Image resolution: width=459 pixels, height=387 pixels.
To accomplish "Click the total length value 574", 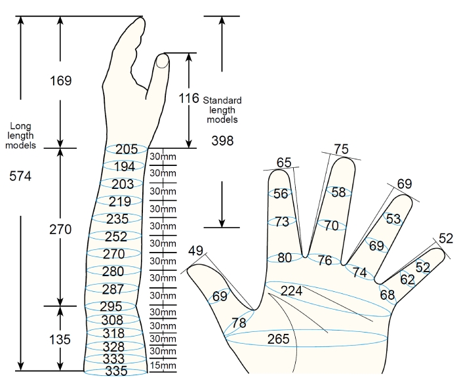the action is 20,176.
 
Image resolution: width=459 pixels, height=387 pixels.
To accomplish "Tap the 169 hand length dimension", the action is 60,81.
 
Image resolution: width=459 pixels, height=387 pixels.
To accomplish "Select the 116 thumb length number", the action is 189,98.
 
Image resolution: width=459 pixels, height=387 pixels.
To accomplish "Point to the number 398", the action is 222,141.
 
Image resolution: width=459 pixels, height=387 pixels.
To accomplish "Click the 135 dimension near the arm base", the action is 60,340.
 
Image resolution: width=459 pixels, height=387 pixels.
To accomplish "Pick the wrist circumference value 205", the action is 127,150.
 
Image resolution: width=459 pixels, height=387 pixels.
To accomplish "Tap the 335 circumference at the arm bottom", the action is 116,371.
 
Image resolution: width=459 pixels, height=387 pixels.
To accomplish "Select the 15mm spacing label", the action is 163,365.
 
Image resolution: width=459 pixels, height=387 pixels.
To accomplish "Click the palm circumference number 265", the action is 278,339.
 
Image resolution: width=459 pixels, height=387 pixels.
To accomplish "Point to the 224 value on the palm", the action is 291,291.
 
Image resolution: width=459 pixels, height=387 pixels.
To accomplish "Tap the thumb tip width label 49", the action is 195,251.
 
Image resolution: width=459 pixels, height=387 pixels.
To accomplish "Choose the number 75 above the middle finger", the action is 342,149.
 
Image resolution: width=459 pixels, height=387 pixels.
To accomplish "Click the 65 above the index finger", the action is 284,163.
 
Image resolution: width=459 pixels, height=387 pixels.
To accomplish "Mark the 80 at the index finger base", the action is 285,258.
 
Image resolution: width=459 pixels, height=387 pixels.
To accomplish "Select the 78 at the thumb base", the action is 239,323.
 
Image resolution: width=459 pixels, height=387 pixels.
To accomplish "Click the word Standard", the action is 222,100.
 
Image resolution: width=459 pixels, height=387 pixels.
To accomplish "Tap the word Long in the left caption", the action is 20,126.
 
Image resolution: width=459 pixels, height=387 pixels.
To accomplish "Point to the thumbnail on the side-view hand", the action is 163,61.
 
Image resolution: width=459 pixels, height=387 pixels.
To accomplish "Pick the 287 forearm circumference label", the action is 113,289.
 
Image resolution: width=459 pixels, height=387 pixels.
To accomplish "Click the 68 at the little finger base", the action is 388,295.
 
